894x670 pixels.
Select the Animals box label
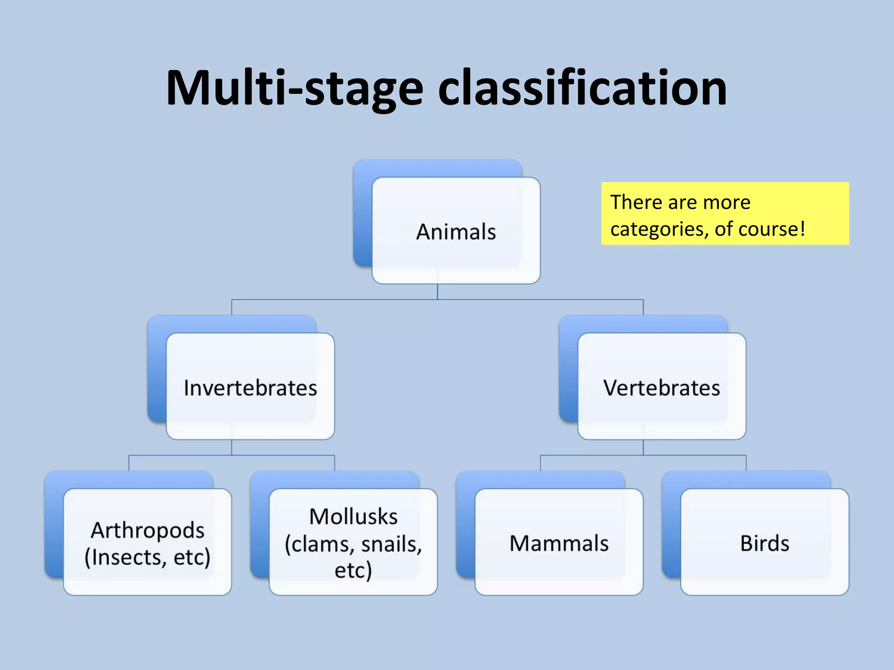coord(456,232)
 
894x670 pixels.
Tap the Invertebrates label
coord(250,388)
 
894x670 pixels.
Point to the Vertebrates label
coord(661,388)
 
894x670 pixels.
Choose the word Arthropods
coord(148,530)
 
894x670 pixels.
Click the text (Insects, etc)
coord(148,557)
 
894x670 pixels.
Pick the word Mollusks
coord(353,517)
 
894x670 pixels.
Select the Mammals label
coord(559,544)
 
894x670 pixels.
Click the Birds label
coord(764,544)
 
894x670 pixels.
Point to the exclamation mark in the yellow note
coord(802,229)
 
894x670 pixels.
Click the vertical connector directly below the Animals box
coord(437,291)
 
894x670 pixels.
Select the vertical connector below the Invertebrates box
coord(232,448)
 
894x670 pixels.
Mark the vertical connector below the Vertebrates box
coord(643,448)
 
